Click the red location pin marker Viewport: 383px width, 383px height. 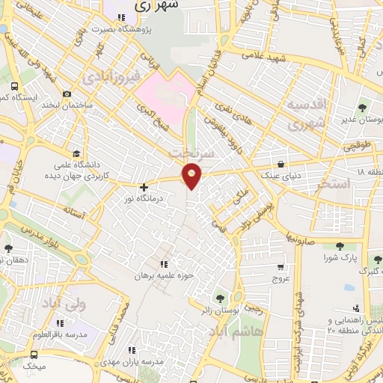point(192,175)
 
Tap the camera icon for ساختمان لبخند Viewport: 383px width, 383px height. point(67,94)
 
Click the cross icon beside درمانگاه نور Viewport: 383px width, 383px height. point(144,187)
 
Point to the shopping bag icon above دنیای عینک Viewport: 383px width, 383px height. point(280,164)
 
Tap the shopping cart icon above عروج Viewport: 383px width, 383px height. point(281,266)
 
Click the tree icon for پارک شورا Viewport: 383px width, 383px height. point(340,245)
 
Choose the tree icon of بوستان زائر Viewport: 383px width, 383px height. point(219,298)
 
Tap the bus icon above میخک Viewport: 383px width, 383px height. point(34,355)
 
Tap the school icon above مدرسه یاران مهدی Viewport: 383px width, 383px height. point(132,349)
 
